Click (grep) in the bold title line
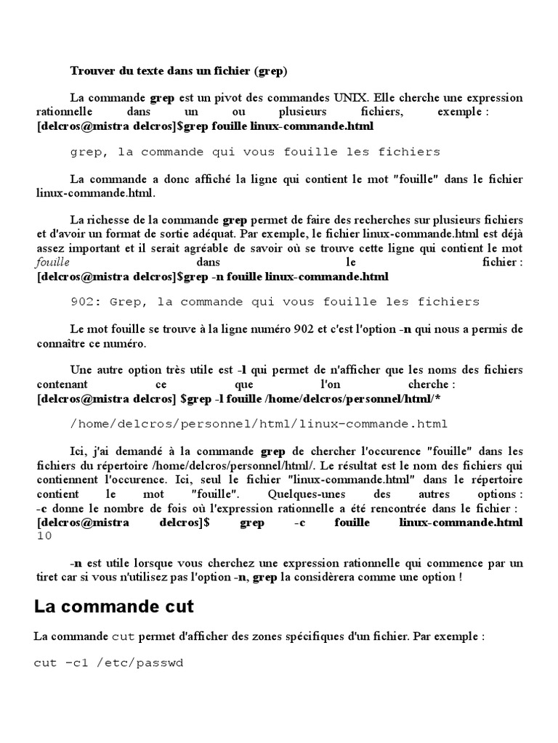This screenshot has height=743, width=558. (270, 70)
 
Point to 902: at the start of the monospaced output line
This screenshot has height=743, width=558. (84, 301)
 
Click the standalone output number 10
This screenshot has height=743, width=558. (44, 535)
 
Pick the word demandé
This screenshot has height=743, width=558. (146, 452)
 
